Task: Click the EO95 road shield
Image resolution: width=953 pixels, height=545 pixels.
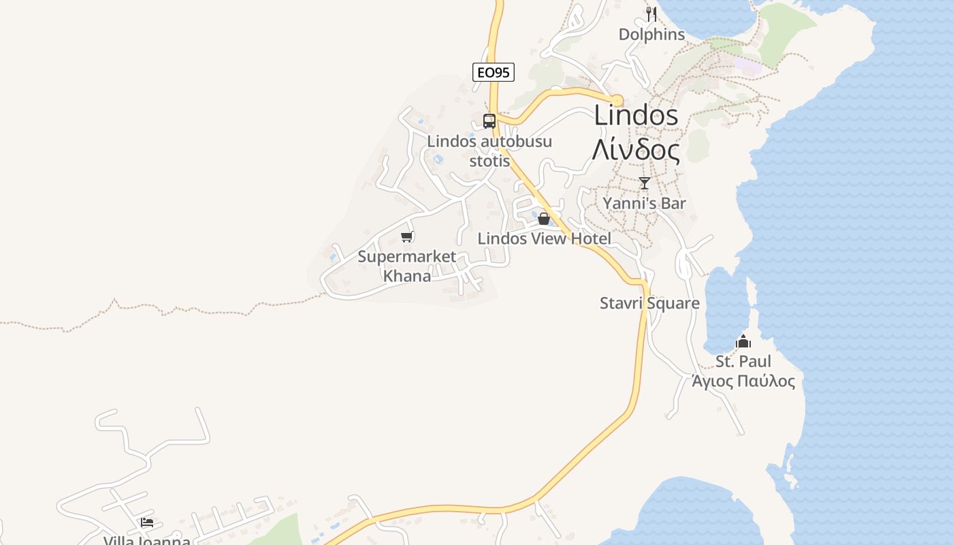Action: [x=494, y=72]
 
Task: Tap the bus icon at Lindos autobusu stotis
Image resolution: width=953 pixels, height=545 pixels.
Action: [x=489, y=121]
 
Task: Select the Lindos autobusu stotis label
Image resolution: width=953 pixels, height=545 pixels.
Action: [x=489, y=151]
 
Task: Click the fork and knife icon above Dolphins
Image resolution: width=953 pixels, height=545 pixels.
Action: [x=651, y=14]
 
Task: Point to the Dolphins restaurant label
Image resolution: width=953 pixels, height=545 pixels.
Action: [x=651, y=34]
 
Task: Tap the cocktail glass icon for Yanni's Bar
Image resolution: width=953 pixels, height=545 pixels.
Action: [x=645, y=183]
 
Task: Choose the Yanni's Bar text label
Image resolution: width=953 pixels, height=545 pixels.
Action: [x=645, y=203]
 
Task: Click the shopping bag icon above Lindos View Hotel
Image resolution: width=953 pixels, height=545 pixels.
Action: [x=544, y=219]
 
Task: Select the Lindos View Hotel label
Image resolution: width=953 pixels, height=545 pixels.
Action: [x=544, y=238]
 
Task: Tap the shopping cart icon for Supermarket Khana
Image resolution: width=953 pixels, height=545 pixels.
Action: [x=407, y=236]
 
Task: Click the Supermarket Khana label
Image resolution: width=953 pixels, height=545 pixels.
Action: [x=407, y=266]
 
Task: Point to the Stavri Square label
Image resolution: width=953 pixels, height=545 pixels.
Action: [x=649, y=303]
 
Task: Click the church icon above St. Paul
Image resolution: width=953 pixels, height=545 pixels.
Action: [x=743, y=341]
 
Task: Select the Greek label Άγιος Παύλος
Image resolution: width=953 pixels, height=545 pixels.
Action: [x=743, y=381]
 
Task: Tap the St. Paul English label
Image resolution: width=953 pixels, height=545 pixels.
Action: [x=743, y=361]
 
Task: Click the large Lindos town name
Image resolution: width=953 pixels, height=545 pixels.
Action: [x=636, y=116]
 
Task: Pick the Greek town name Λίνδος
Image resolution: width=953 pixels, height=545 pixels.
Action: [x=636, y=151]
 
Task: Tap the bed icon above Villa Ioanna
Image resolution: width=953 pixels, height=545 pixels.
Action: [x=147, y=523]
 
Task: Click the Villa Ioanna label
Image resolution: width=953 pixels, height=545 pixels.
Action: [x=147, y=540]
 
